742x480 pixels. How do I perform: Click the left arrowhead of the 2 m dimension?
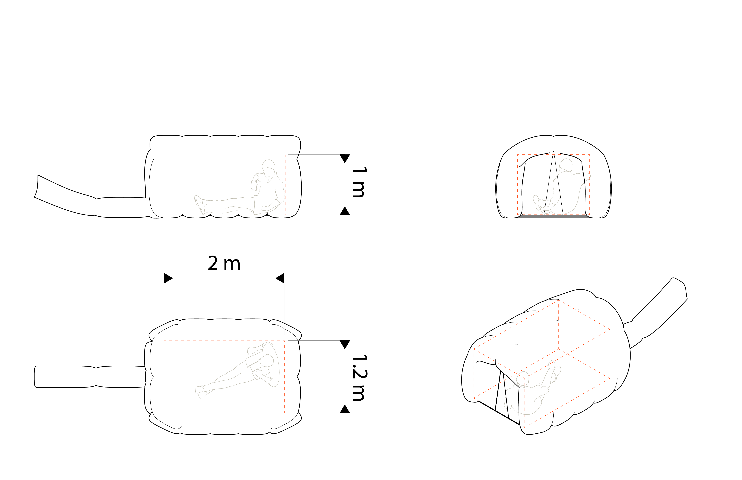168,278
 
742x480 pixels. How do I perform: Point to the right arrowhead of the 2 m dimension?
280,278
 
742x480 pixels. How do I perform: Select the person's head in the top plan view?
267,361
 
